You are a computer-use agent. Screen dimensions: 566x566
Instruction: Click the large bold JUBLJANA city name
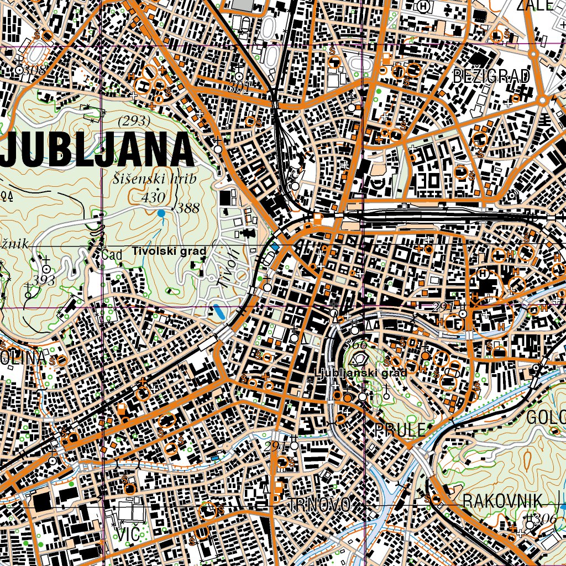pos(97,150)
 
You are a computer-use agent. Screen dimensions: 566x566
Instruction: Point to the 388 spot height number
pos(188,208)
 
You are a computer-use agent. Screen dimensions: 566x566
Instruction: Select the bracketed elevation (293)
pos(134,120)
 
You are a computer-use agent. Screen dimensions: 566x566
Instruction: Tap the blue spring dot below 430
pos(161,213)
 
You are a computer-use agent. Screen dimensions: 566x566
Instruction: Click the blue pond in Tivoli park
pos(219,312)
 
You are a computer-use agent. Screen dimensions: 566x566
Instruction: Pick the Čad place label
pos(112,255)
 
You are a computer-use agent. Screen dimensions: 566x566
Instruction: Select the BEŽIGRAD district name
pos(491,76)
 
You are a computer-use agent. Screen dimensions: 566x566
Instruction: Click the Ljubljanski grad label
pos(361,373)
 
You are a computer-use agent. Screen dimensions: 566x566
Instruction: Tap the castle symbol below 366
pos(360,359)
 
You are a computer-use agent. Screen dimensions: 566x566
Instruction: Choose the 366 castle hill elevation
pos(355,344)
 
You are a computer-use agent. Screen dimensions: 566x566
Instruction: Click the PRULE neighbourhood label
pos(400,429)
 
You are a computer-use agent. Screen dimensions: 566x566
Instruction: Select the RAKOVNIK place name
pos(502,501)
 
